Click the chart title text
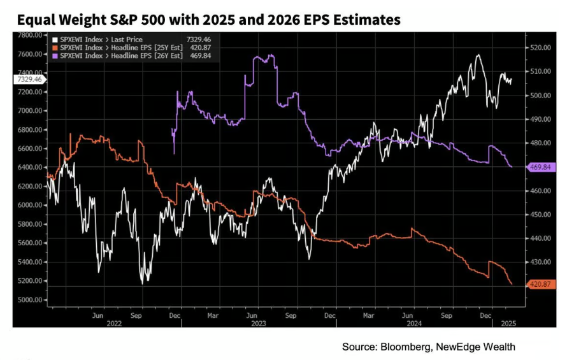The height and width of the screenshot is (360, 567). coord(209,20)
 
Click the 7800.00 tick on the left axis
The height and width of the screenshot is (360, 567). coord(29,35)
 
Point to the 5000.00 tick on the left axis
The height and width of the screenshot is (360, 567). coord(29,300)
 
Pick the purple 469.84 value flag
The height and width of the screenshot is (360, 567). coord(540,167)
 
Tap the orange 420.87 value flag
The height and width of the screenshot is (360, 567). coord(540,284)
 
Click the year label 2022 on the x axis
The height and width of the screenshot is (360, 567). coord(114,322)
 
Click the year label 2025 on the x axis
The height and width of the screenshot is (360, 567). coord(508,322)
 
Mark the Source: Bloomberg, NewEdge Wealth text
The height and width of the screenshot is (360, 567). coord(428,347)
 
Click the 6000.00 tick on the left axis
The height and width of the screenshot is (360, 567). coord(29,205)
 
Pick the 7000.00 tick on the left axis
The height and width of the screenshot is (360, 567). coord(29,111)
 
